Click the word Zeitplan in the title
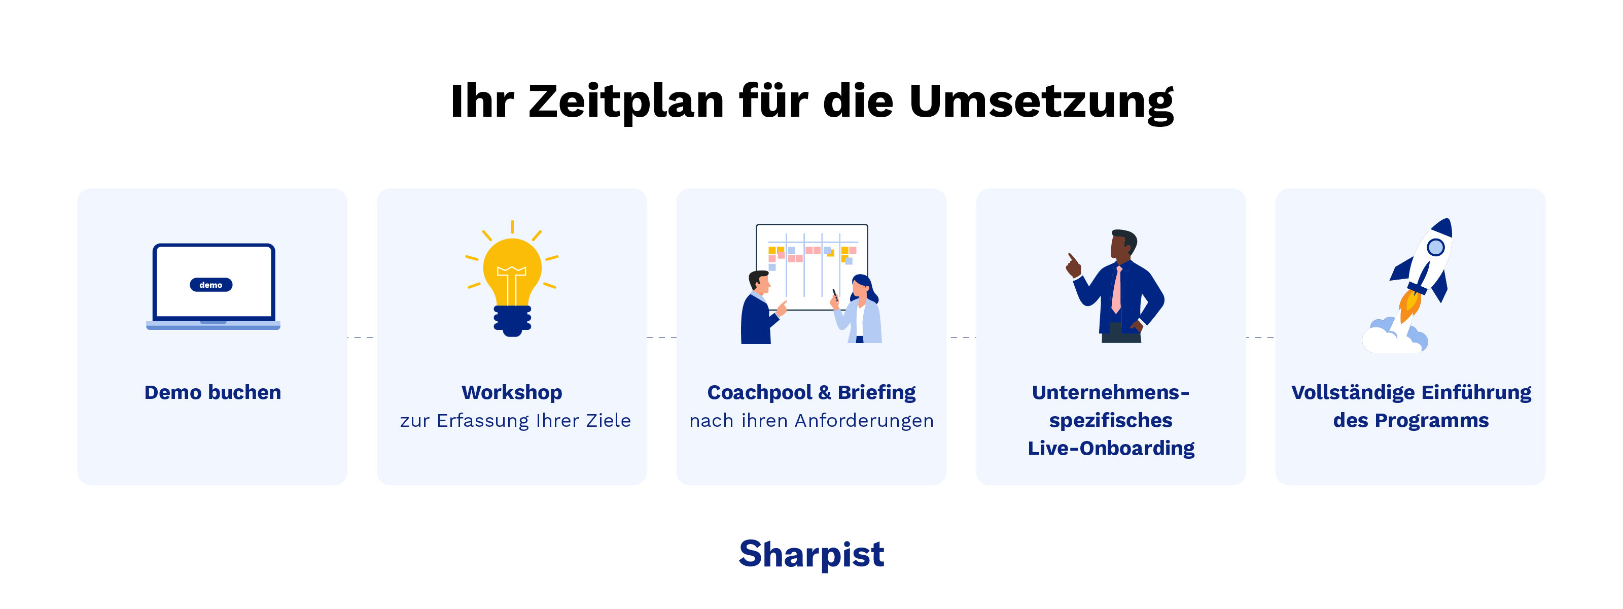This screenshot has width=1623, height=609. point(626,101)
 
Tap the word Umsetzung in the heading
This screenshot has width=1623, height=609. point(1041,101)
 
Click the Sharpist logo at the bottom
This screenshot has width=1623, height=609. point(811,554)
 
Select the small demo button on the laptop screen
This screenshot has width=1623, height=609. point(211,285)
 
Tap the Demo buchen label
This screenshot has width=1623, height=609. point(213,393)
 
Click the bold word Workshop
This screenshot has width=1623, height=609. point(512,393)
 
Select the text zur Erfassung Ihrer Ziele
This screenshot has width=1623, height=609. point(515,421)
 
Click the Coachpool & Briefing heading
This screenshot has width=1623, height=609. point(811,393)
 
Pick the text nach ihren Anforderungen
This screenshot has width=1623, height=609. point(811,421)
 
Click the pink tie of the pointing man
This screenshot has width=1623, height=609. point(1116,290)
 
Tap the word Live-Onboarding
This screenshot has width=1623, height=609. point(1111,448)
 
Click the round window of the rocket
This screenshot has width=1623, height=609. point(1435,247)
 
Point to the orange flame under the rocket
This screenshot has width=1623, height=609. point(1409,306)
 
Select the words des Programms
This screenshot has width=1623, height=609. point(1410,421)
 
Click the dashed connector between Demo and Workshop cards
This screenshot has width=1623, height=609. point(362,337)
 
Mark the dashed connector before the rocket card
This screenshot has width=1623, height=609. point(1260,337)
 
